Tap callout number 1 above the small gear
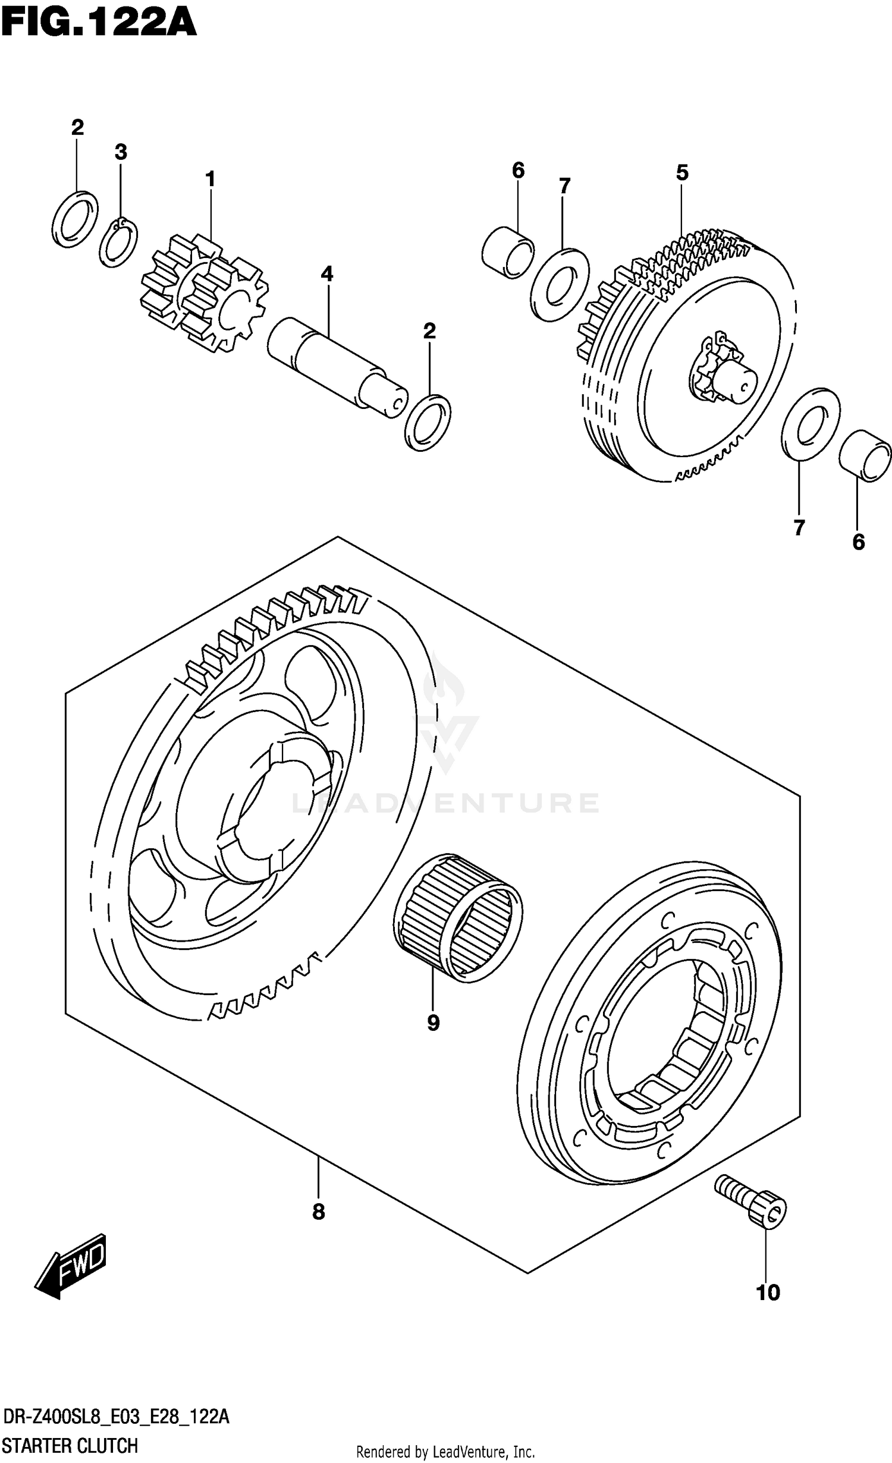click(210, 178)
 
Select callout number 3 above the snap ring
click(121, 152)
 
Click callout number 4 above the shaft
click(326, 273)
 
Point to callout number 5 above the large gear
click(681, 172)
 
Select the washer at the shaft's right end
click(428, 422)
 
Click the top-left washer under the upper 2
click(76, 218)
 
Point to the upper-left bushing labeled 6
click(507, 252)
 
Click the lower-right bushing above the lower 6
click(865, 456)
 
